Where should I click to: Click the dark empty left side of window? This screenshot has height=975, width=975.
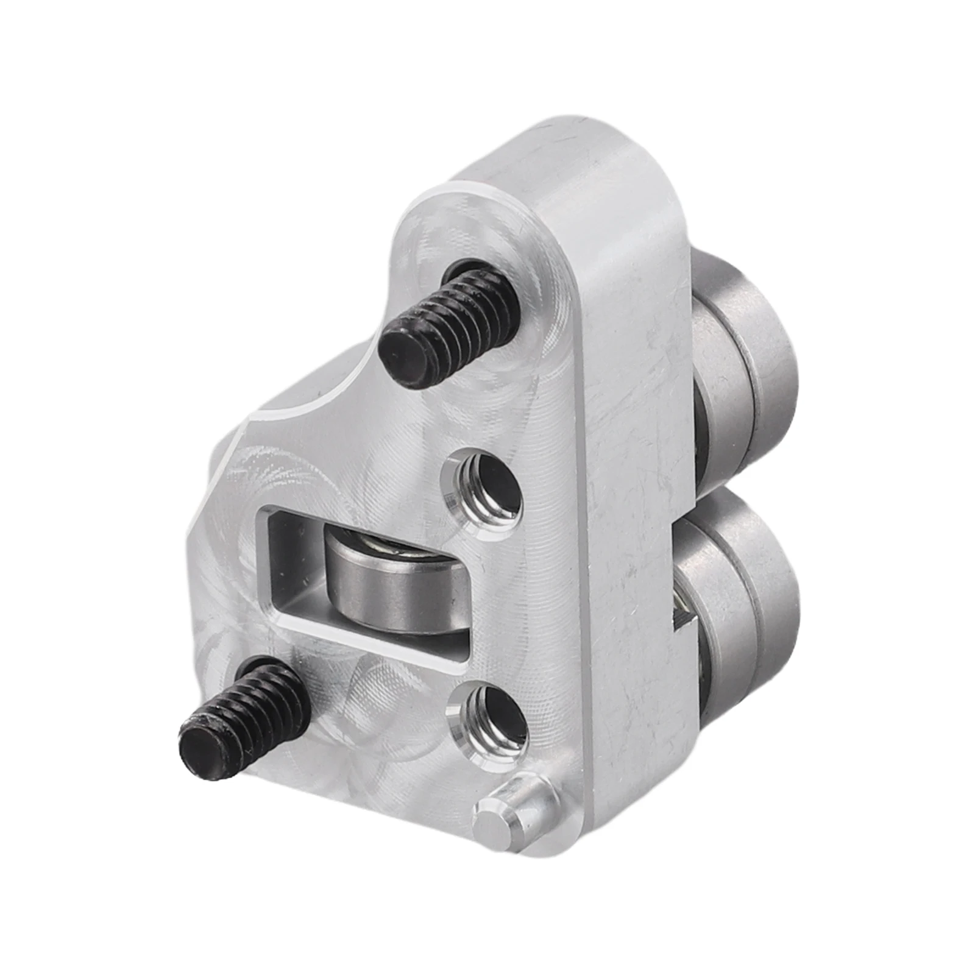click(292, 561)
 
